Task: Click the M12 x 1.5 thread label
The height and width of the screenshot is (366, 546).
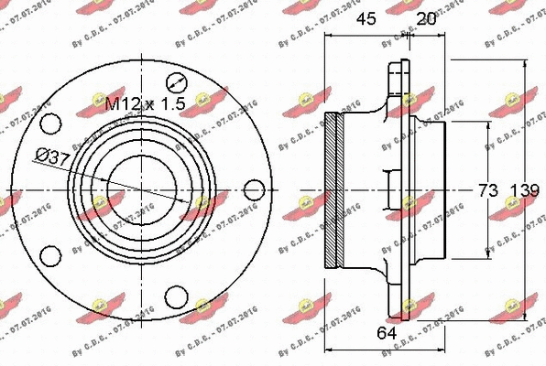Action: pos(145,104)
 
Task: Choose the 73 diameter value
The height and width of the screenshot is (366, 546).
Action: pos(486,190)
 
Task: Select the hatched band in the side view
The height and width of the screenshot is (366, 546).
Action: pos(336,189)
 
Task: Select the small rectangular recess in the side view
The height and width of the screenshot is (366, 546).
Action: pos(390,189)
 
